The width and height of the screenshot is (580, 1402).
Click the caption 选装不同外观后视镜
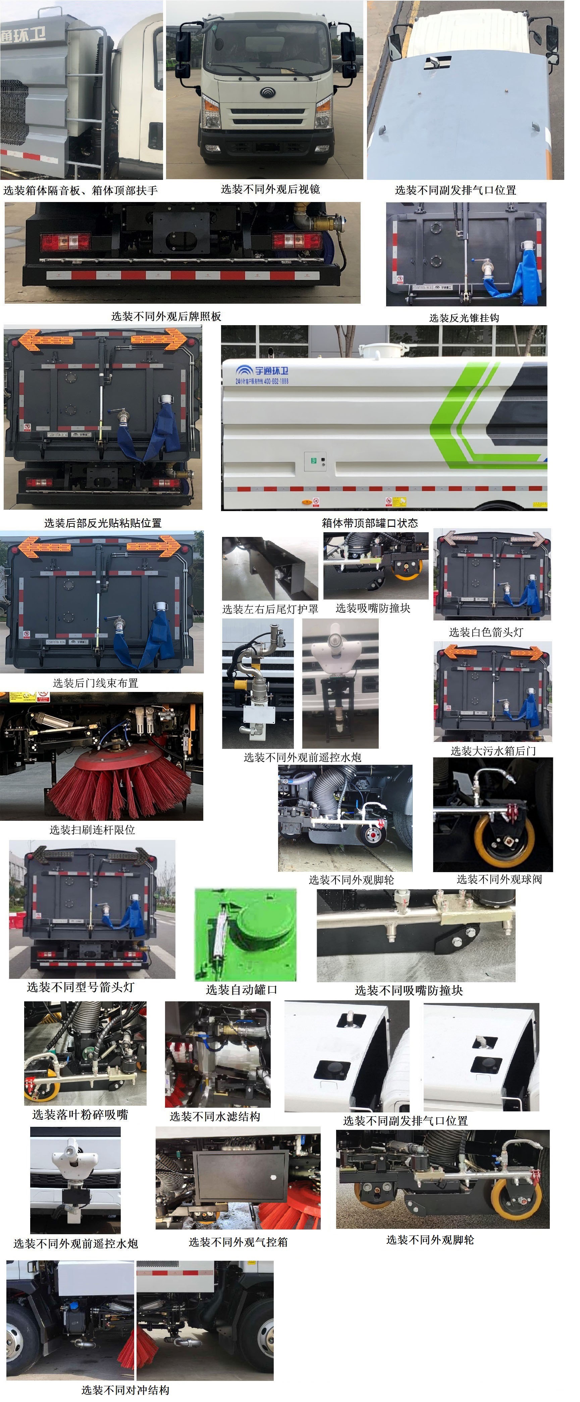click(270, 189)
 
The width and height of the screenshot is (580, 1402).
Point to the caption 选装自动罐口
click(241, 990)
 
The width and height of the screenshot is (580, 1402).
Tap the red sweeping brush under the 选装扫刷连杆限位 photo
click(120, 784)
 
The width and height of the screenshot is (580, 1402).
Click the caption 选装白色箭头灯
click(486, 632)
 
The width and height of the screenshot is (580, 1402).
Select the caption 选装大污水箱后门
click(493, 751)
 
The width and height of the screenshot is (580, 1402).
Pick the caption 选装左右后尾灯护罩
click(270, 609)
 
